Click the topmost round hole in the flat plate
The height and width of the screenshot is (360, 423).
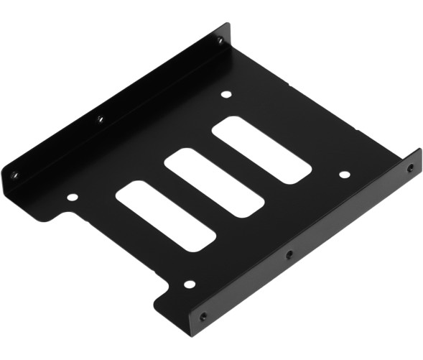tap(226, 94)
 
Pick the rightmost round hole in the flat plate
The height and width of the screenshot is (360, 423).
tap(344, 175)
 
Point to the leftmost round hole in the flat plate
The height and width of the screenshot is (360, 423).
tap(72, 196)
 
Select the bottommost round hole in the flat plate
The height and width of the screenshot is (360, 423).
tap(189, 284)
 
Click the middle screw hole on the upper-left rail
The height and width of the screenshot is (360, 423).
tap(101, 119)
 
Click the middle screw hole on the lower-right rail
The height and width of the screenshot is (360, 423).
tap(289, 253)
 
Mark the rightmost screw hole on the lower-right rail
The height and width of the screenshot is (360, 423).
tap(409, 168)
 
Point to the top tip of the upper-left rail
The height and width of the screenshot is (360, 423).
tap(229, 24)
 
